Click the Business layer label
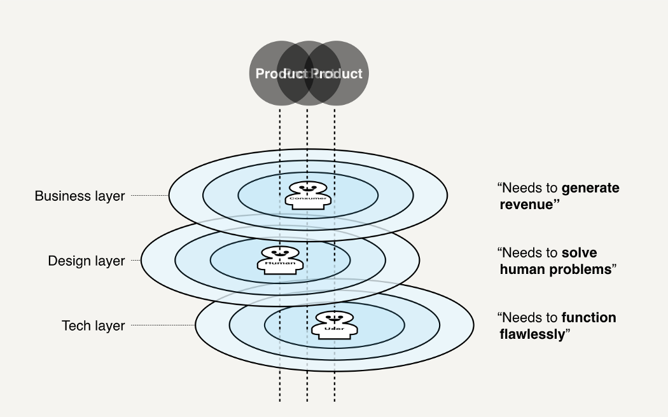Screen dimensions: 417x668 point(80,196)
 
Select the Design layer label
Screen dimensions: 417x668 point(87,261)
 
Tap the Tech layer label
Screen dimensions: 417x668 point(93,325)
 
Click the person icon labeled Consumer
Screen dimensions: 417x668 point(308,195)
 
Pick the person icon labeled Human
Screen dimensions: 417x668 point(280,259)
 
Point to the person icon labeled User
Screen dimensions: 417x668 point(335,324)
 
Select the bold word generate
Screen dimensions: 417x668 point(590,188)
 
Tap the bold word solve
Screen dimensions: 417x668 point(579,253)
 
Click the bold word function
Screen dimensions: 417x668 point(588,317)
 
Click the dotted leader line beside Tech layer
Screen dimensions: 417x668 point(162,325)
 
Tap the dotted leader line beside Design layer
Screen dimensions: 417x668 point(134,261)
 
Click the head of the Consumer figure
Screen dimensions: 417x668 point(308,188)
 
